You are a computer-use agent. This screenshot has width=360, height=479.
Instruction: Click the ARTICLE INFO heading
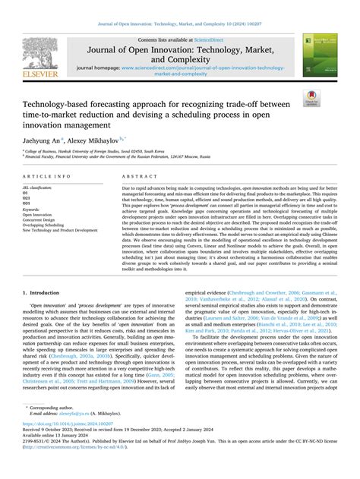[50, 175]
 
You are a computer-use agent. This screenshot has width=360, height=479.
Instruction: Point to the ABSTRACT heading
[136, 175]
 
